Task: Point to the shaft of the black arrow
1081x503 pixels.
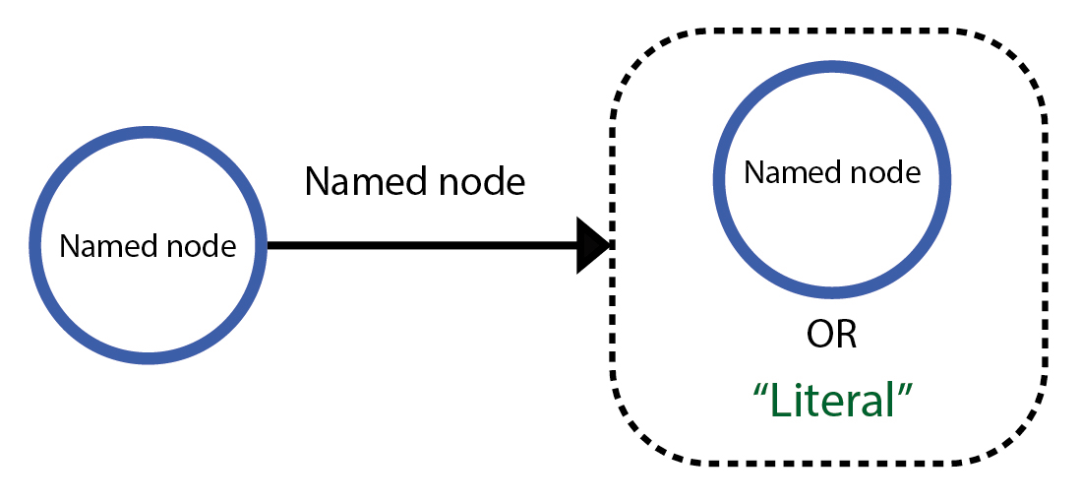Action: coord(423,245)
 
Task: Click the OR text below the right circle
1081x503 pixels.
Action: coord(832,335)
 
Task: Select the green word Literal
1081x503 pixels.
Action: coord(832,400)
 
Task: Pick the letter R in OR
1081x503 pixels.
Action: coord(846,335)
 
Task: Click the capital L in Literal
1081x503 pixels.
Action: coord(778,400)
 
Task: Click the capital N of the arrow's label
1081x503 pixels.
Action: coord(317,181)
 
